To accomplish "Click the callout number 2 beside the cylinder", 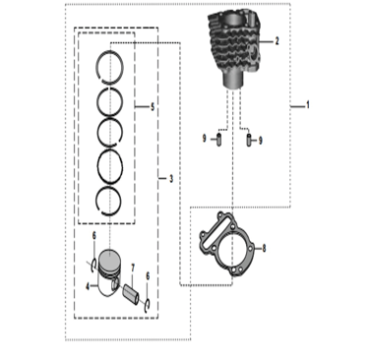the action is coord(277,41).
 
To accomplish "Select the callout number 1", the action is coord(308,105).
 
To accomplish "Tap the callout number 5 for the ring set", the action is coord(153,107).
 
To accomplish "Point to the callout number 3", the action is coord(171,179).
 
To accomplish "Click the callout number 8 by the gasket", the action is coord(264,248).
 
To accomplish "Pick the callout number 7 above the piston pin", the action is coord(133,269).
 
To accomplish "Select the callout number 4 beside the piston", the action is coord(88,286).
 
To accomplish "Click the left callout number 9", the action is coord(205,139).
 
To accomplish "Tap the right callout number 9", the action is coord(261,141).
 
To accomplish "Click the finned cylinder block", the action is coord(234,49).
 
